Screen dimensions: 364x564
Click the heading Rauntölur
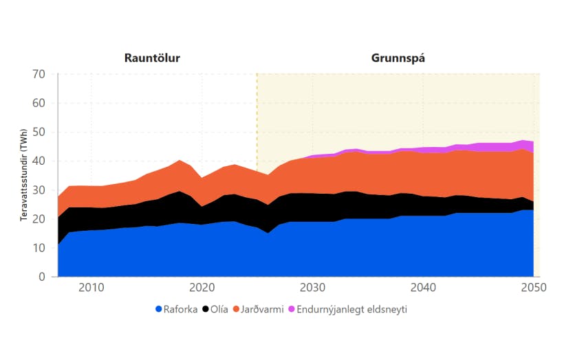click(152, 58)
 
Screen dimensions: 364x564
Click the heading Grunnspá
click(398, 58)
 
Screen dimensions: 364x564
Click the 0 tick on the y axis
click(41, 277)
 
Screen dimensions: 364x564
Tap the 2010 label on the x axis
click(92, 287)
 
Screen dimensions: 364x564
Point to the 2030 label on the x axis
click(312, 287)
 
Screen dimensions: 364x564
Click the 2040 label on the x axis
click(423, 287)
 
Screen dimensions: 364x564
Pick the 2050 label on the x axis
click(534, 287)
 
